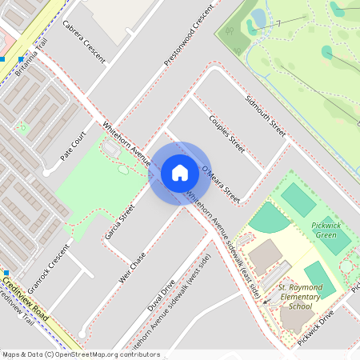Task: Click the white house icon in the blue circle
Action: (x=180, y=172)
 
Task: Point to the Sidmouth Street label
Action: (x=266, y=116)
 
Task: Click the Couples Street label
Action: (x=226, y=132)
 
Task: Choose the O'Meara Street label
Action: (x=222, y=184)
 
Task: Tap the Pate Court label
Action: (x=73, y=146)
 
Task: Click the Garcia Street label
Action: (x=120, y=222)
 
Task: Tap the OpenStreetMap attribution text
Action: (x=81, y=354)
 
